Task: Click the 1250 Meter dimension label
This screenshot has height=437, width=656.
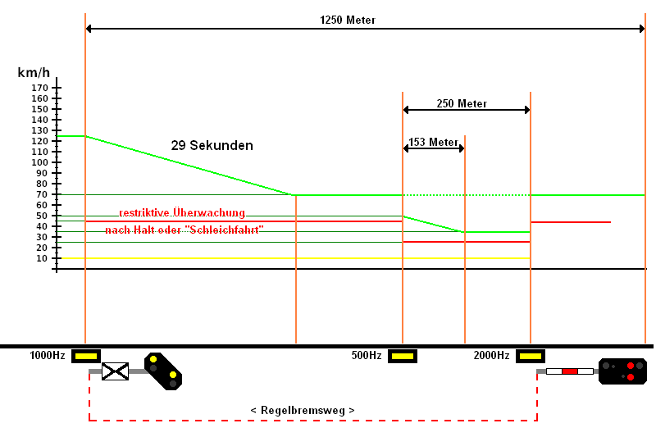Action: click(348, 20)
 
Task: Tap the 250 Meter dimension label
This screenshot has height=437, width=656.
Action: click(462, 103)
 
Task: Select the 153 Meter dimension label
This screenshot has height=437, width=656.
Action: click(434, 142)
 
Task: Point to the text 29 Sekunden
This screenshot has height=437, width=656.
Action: click(212, 145)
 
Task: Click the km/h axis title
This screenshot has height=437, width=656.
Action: click(34, 73)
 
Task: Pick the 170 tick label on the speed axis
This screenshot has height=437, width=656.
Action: click(39, 88)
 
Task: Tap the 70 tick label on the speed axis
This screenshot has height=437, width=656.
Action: click(42, 194)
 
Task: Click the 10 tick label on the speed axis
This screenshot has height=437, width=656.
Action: click(42, 258)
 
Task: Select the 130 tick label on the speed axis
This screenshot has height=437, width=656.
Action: click(39, 130)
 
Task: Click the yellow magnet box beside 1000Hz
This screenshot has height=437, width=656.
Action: click(86, 357)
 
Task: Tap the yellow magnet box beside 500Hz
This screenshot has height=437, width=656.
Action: click(403, 357)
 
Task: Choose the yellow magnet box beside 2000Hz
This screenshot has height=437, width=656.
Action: click(531, 357)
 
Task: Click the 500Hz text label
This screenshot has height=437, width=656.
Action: click(367, 356)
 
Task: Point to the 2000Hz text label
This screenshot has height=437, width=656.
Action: click(491, 356)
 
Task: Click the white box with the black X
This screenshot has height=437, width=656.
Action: click(115, 371)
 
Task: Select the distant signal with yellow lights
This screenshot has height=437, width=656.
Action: click(163, 371)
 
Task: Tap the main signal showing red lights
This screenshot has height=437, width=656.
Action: click(623, 371)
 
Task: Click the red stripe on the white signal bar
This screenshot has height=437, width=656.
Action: click(570, 371)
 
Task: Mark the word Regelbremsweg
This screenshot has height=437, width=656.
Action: click(303, 410)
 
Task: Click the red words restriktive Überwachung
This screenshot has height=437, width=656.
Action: click(182, 213)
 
